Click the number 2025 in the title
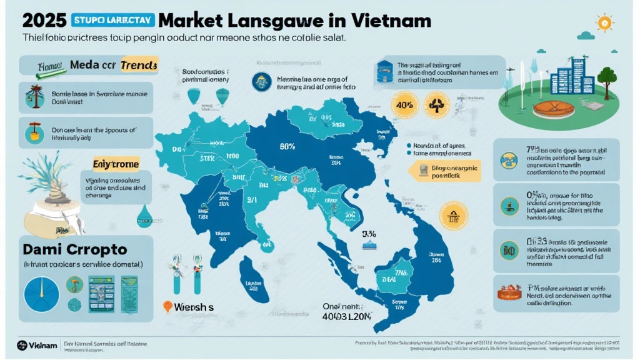[44, 20]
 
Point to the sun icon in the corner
[604, 23]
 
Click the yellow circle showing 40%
[403, 104]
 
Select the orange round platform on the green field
[553, 106]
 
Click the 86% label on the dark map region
[287, 147]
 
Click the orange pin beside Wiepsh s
[167, 307]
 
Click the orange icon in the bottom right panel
[509, 291]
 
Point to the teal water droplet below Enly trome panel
[145, 212]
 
